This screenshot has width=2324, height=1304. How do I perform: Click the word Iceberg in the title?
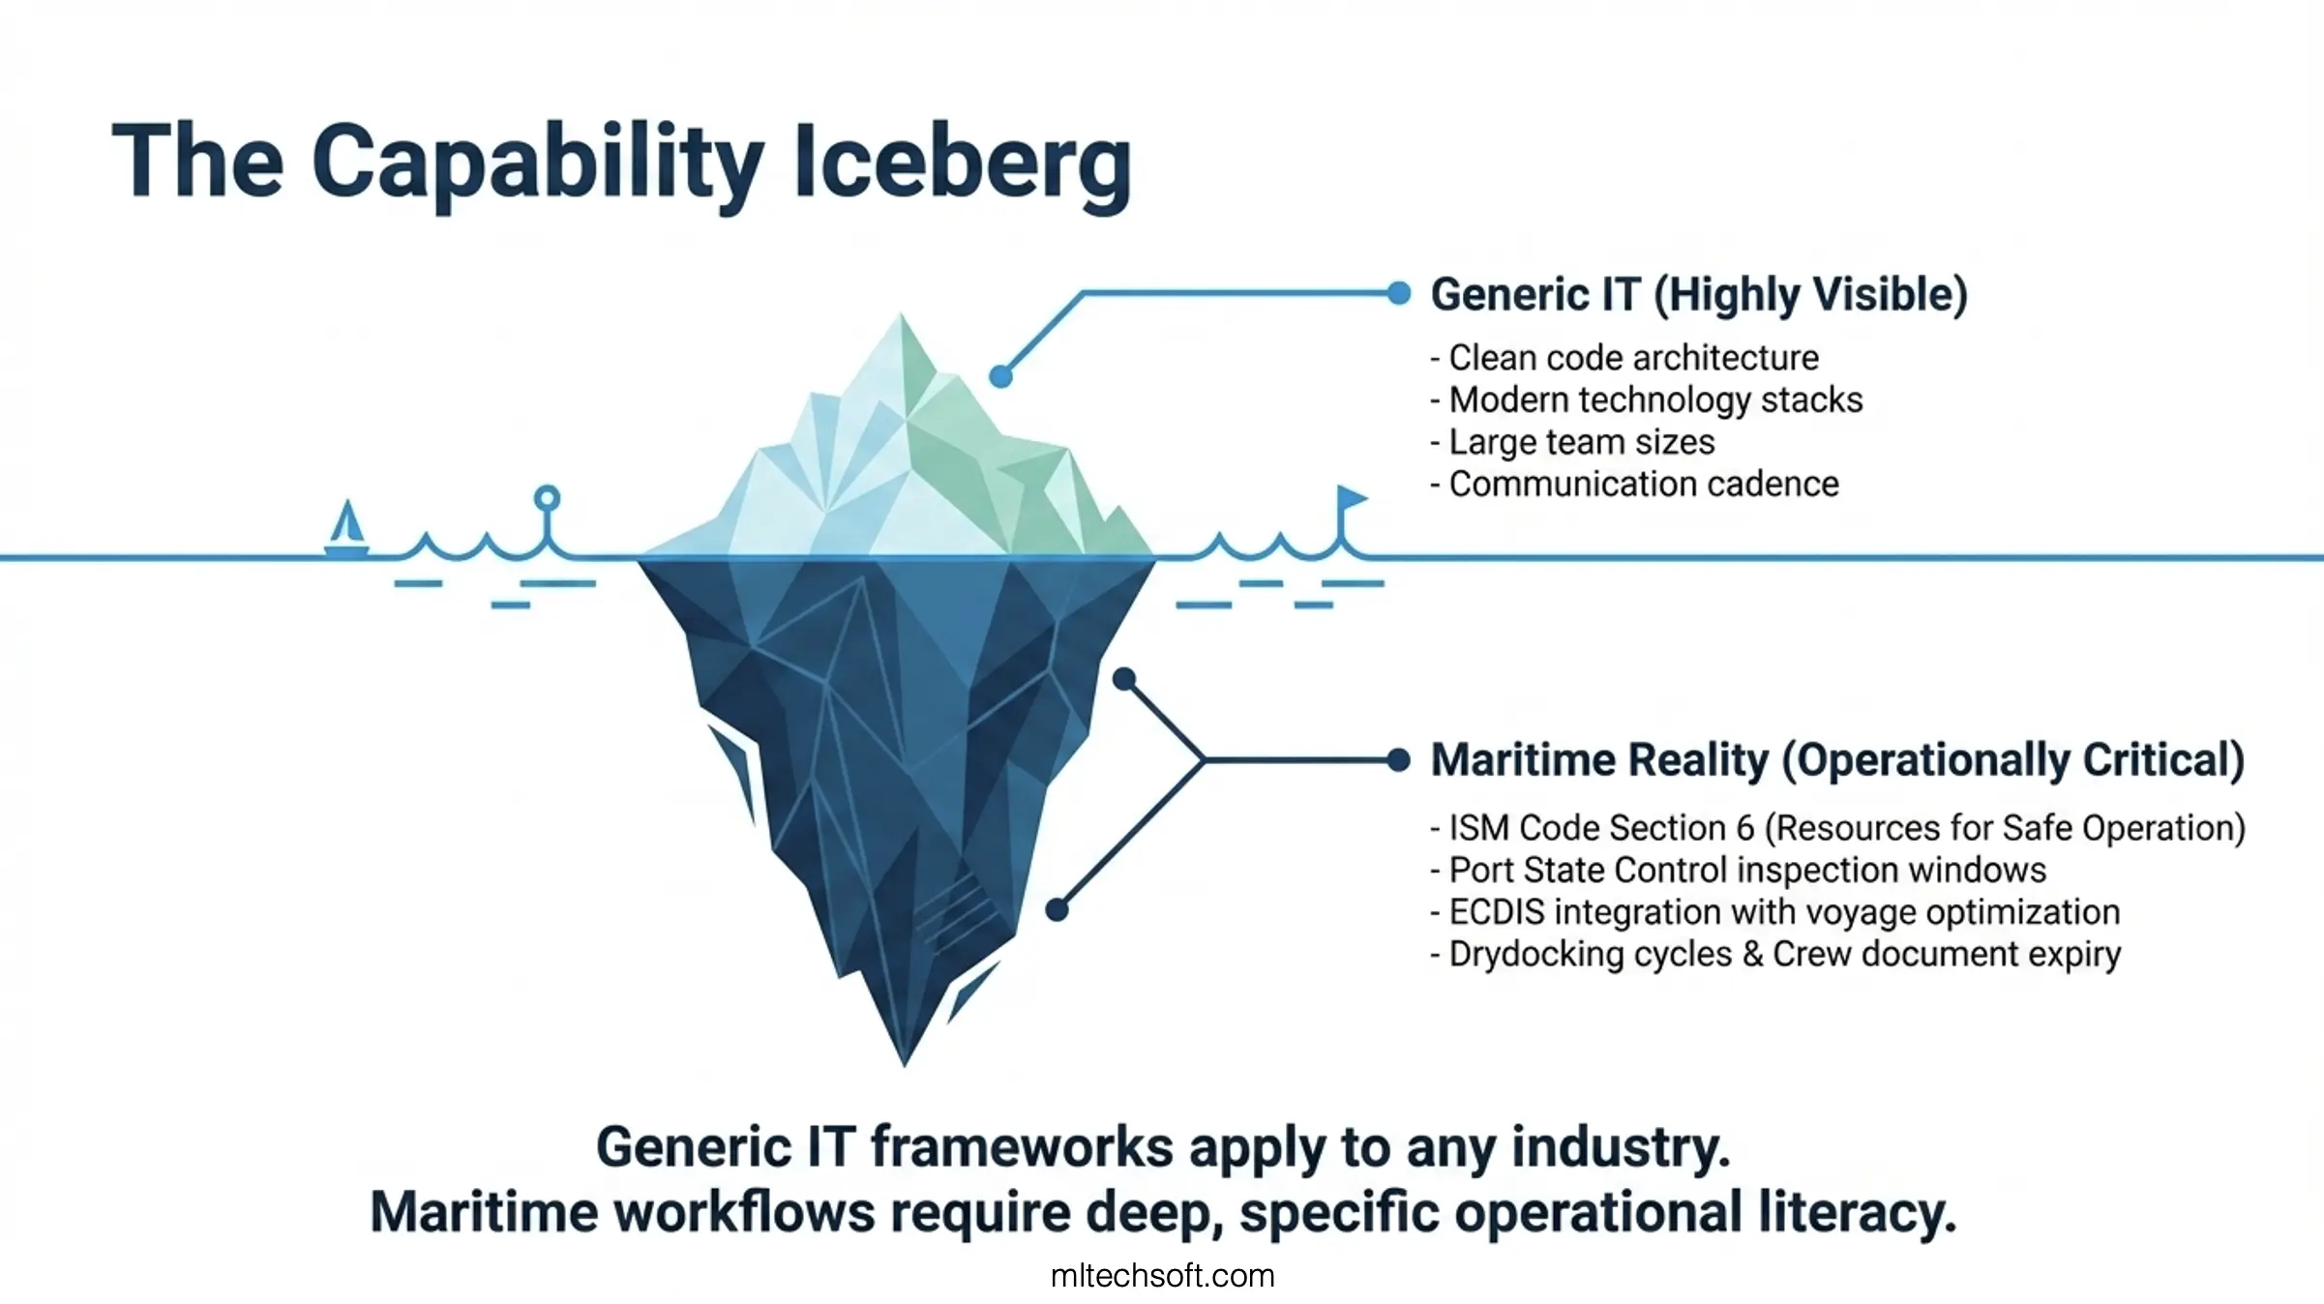coord(962,164)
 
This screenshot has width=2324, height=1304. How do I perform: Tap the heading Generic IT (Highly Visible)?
coord(1699,294)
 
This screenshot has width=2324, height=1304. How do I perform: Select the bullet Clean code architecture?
coord(1624,358)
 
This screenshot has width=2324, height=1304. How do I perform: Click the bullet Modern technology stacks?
coord(1647,400)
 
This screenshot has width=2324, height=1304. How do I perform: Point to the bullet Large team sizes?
coord(1572,442)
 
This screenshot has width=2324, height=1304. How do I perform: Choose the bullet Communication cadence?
coord(1635,484)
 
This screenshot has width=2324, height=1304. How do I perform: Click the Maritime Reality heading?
coord(1837,760)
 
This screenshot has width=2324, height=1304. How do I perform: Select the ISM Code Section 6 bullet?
coord(1838,828)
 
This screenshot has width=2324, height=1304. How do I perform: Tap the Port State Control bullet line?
coord(1739,870)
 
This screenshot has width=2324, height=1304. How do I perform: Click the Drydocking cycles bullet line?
coord(1776,955)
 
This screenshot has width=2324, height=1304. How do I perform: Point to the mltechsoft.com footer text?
coord(1162,1276)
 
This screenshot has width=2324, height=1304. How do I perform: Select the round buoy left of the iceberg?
coord(548,498)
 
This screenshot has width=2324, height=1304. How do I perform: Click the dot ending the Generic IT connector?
coord(1398,293)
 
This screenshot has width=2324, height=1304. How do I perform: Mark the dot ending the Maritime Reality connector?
coord(1398,760)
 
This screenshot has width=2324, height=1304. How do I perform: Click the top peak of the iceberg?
coord(901,313)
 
